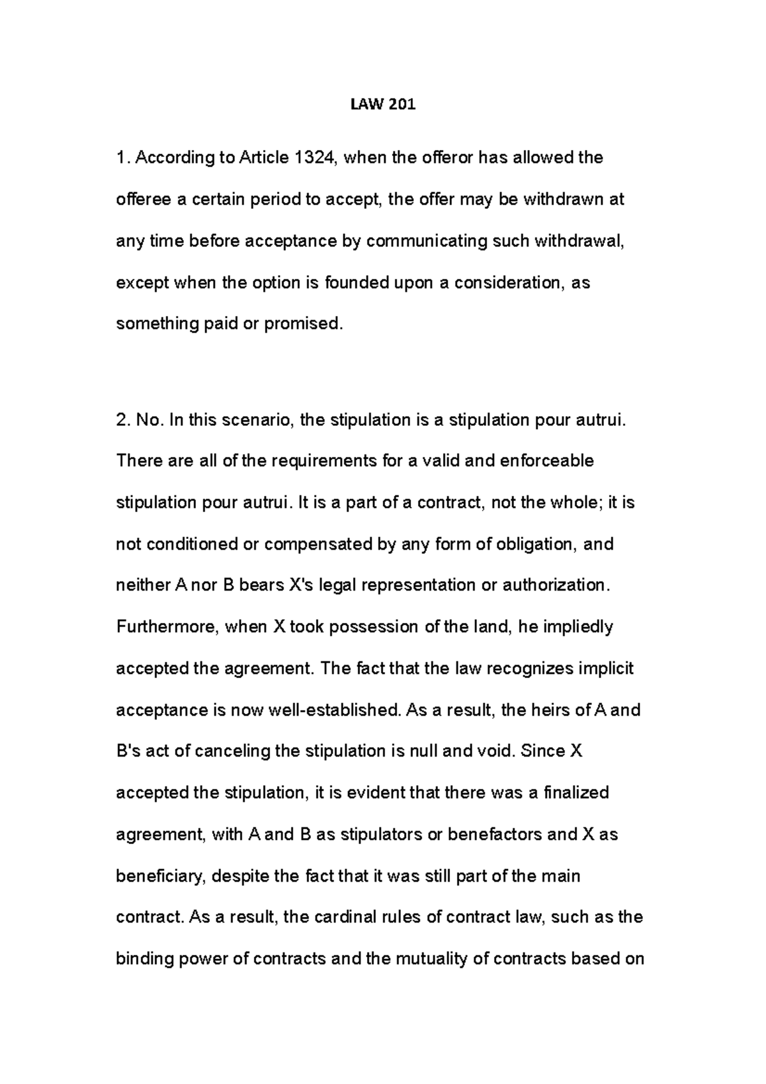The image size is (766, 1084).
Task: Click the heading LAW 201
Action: coord(383,105)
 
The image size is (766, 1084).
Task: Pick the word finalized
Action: coord(576,793)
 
